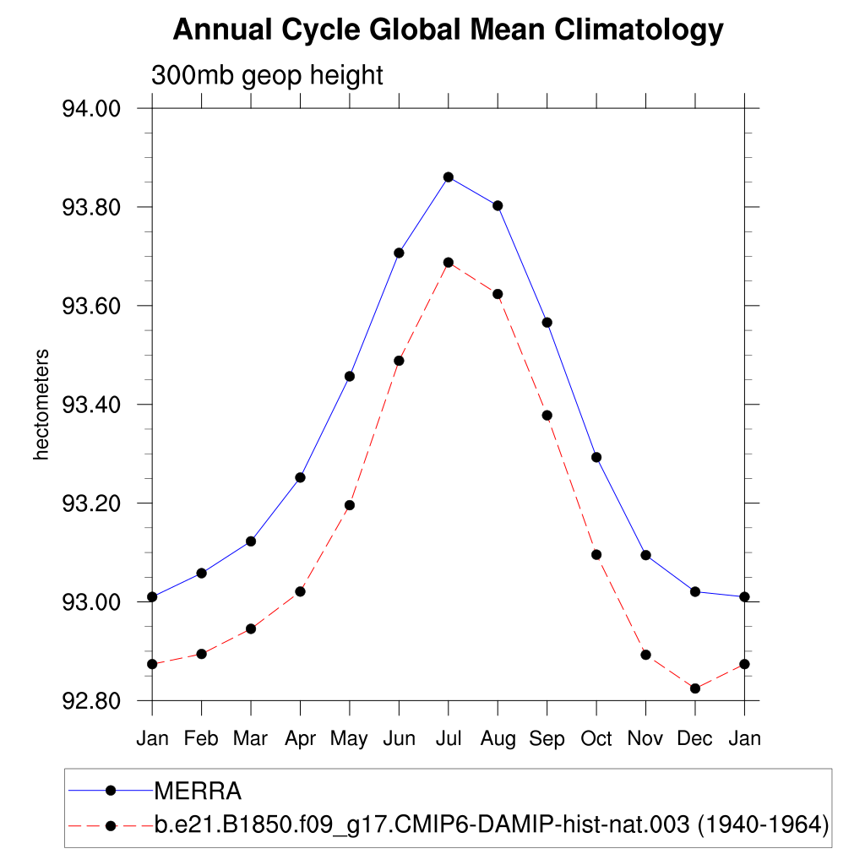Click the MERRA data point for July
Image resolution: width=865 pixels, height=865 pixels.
click(449, 177)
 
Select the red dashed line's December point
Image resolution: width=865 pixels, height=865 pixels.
click(695, 688)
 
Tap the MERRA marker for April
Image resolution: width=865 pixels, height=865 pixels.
click(300, 477)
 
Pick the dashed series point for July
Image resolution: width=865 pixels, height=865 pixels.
click(449, 262)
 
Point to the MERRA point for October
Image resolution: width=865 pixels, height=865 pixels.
click(596, 457)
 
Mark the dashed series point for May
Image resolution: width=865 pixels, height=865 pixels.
click(350, 505)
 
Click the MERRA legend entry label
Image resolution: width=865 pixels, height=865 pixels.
click(198, 792)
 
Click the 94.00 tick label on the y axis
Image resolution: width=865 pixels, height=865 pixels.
click(92, 109)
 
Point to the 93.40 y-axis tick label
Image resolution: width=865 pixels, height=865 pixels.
click(92, 405)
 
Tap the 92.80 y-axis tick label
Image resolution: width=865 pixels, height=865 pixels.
click(92, 701)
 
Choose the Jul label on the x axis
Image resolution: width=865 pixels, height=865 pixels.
click(449, 738)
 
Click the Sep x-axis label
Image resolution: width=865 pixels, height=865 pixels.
click(547, 738)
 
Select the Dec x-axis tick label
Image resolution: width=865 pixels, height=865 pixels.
click(695, 738)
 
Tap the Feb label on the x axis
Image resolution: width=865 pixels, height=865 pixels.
click(201, 738)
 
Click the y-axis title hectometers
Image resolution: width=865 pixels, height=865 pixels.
click(41, 405)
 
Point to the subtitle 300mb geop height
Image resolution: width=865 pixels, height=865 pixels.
click(267, 75)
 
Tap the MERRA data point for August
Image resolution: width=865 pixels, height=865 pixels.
click(498, 205)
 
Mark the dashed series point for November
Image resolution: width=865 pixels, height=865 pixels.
click(646, 655)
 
